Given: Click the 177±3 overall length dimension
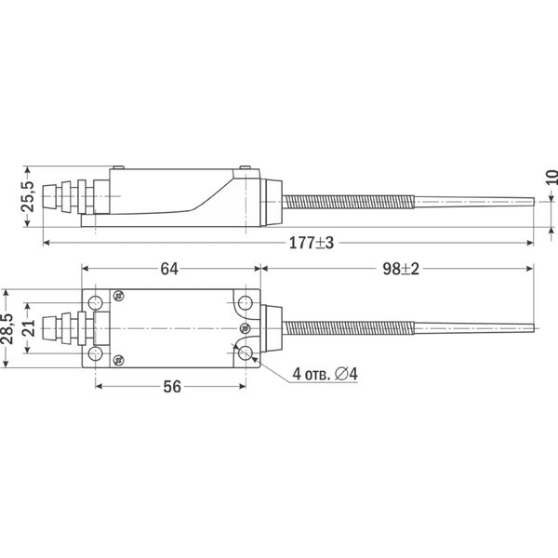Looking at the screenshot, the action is point(312,243).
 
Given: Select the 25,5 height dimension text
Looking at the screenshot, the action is point(29,196).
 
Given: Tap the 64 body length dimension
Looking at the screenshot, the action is point(169,269).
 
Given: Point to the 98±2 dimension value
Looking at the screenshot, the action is point(401,269).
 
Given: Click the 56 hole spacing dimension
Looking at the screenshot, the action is point(172,387).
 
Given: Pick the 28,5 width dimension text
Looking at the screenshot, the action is point(7,328).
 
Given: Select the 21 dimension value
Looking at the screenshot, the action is point(30,328).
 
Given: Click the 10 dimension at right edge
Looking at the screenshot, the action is point(551,178).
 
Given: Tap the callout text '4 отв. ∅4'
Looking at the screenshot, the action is point(325,374).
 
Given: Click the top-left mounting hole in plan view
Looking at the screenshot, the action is point(96,303).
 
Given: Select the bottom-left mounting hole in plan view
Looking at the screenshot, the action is point(96,353).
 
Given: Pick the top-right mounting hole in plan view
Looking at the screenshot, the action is point(246,303).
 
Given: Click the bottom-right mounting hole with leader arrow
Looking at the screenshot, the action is point(246,353).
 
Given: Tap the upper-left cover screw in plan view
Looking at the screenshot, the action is point(118,295).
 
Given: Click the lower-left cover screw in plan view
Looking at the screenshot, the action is point(118,361).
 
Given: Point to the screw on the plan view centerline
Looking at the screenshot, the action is point(246,328).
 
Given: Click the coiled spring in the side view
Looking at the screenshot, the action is point(349,202).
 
